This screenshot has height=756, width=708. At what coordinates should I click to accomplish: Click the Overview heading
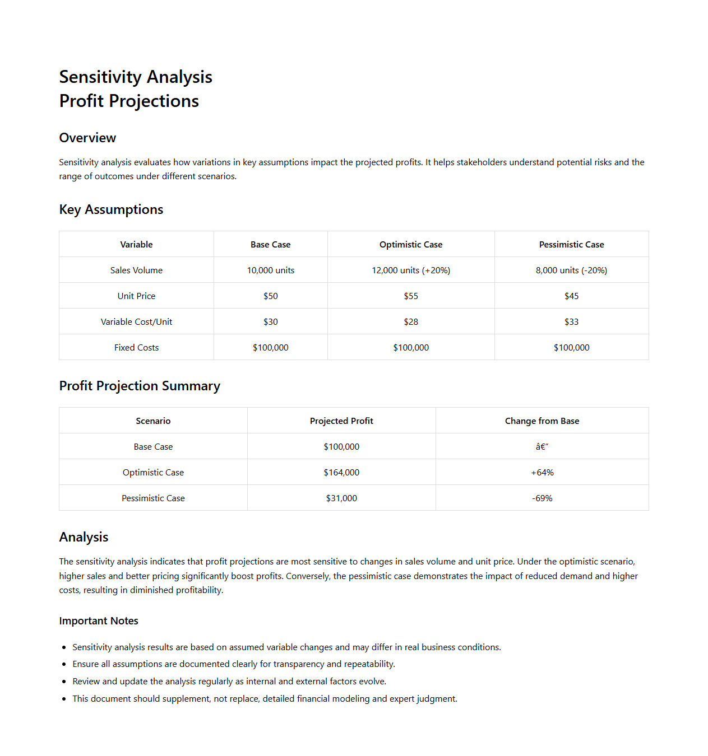(87, 138)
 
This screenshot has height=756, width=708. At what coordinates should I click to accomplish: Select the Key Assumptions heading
(111, 209)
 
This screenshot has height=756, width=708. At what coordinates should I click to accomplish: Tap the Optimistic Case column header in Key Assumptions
(411, 244)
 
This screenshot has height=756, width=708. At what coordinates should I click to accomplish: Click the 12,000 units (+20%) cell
(411, 270)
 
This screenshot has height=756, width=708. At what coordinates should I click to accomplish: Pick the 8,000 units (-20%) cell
(571, 270)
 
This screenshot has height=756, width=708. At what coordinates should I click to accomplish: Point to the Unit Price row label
(136, 296)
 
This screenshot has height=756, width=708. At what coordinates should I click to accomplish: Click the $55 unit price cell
(411, 296)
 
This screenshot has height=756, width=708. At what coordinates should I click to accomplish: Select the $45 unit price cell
(571, 296)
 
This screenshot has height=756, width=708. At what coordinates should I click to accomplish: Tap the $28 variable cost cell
(411, 321)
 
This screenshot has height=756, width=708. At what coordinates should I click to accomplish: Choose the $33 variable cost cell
(571, 321)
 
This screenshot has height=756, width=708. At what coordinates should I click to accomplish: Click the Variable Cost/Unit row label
(136, 321)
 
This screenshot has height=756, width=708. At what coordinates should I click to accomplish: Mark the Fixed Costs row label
(136, 347)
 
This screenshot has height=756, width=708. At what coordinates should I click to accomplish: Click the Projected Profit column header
(341, 421)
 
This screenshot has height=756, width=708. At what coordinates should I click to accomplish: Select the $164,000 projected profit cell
(341, 472)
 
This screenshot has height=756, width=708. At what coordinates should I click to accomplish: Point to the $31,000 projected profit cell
(341, 498)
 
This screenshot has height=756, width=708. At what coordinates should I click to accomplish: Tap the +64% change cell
(542, 472)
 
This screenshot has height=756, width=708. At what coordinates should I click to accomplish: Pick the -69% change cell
(542, 498)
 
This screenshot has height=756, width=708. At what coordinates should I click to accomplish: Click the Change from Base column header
(542, 421)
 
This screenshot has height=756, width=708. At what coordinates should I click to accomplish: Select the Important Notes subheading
(99, 620)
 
